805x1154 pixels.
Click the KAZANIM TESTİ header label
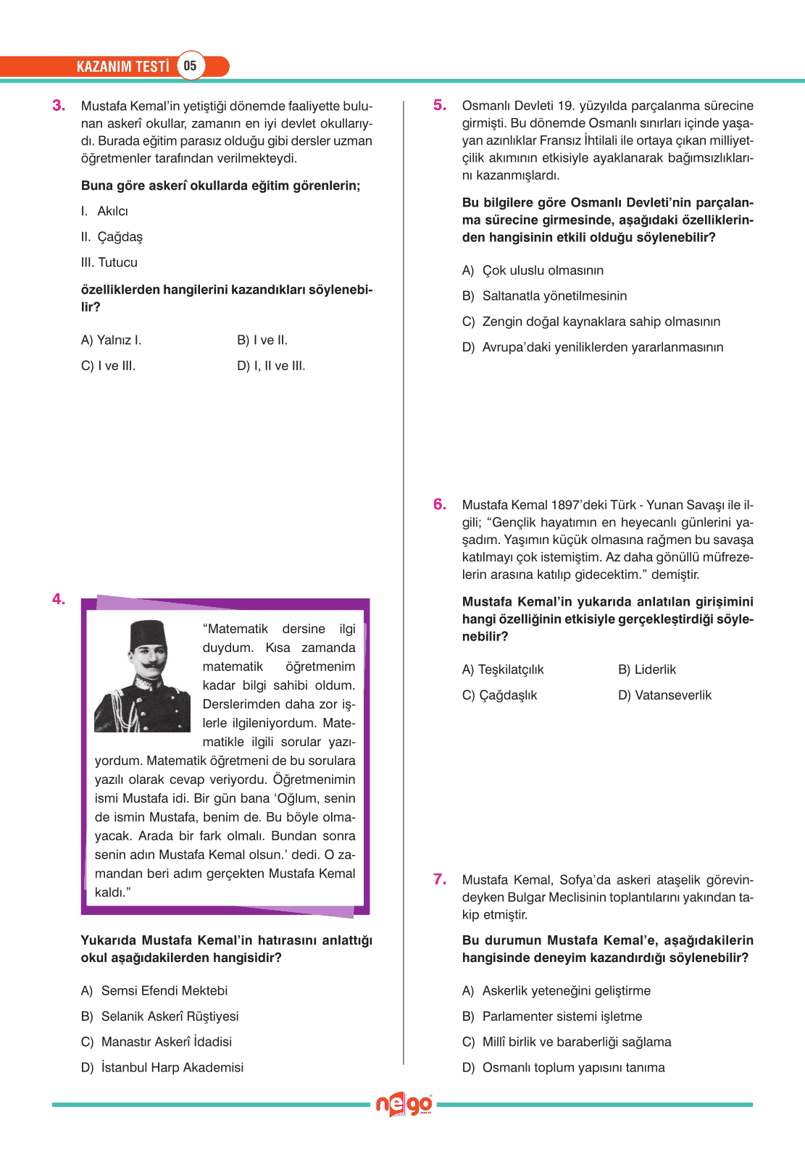(122, 67)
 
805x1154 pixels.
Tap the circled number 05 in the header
(190, 66)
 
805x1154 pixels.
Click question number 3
(59, 106)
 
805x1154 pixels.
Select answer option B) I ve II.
(262, 340)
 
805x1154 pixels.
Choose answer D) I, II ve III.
(271, 366)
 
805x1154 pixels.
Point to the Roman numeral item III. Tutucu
(109, 262)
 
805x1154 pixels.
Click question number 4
(59, 599)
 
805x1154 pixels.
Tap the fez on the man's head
(148, 635)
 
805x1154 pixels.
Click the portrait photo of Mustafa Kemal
(143, 676)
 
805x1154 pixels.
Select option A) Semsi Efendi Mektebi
(154, 990)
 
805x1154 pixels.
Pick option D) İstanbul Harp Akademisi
(162, 1067)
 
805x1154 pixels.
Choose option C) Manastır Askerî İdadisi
(157, 1042)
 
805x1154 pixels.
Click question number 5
(440, 106)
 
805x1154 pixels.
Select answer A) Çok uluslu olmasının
(533, 270)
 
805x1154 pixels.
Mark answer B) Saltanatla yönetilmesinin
(544, 296)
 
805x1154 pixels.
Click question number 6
(440, 505)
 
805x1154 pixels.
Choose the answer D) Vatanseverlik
(664, 695)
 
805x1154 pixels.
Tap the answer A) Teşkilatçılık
(503, 669)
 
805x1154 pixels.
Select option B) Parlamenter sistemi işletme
(552, 1016)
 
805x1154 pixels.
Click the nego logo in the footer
(404, 1105)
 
